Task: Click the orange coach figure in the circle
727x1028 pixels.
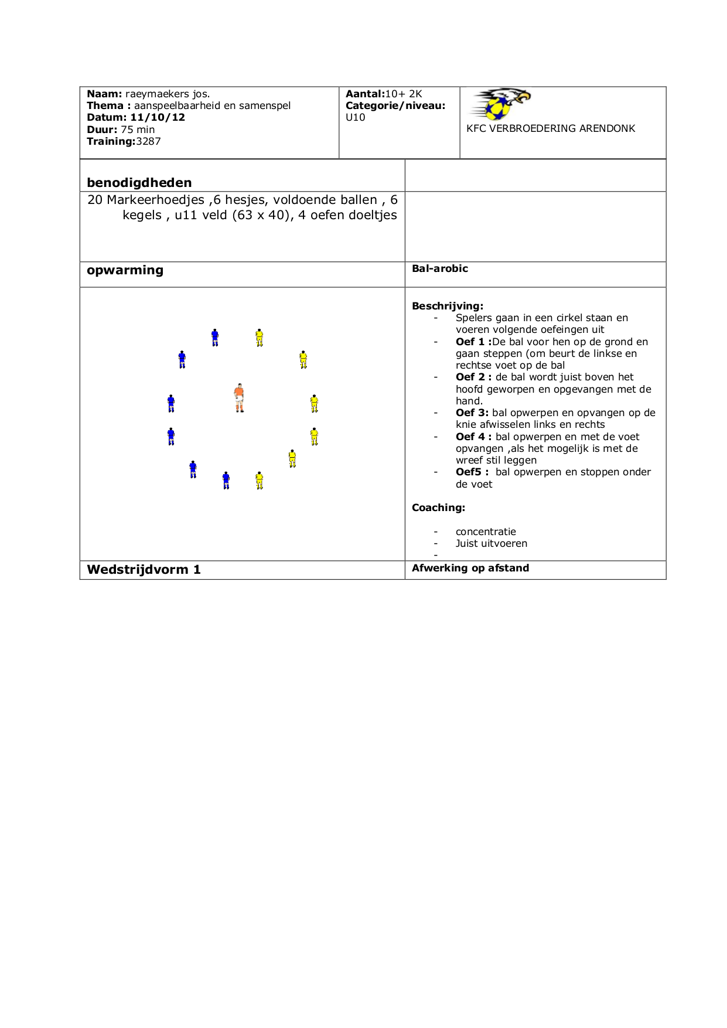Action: pyautogui.click(x=239, y=398)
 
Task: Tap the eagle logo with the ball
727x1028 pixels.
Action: pyautogui.click(x=501, y=104)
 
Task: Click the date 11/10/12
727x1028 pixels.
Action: pyautogui.click(x=158, y=117)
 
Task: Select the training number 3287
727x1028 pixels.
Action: pyautogui.click(x=148, y=141)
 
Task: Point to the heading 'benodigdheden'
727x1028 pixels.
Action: pyautogui.click(x=139, y=182)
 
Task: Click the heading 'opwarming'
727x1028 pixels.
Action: pyautogui.click(x=125, y=270)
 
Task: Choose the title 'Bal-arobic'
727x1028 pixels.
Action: pyautogui.click(x=440, y=268)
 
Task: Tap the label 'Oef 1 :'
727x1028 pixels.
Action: pyautogui.click(x=473, y=342)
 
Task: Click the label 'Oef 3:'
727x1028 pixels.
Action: pyautogui.click(x=472, y=413)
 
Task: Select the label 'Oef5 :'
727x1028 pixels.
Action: pyautogui.click(x=472, y=472)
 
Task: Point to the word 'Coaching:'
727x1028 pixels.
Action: pyautogui.click(x=438, y=508)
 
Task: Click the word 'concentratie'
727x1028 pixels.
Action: pyautogui.click(x=486, y=532)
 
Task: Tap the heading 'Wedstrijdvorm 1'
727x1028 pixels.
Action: pyautogui.click(x=144, y=570)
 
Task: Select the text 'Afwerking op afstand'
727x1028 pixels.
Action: pyautogui.click(x=470, y=568)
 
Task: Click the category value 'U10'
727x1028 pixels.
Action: pyautogui.click(x=356, y=117)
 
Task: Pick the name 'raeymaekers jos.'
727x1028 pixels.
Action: pyautogui.click(x=168, y=94)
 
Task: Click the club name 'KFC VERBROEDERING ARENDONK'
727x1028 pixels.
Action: pyautogui.click(x=551, y=128)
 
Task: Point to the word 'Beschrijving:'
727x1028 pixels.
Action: pyautogui.click(x=448, y=306)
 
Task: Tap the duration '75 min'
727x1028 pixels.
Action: pyautogui.click(x=138, y=130)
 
